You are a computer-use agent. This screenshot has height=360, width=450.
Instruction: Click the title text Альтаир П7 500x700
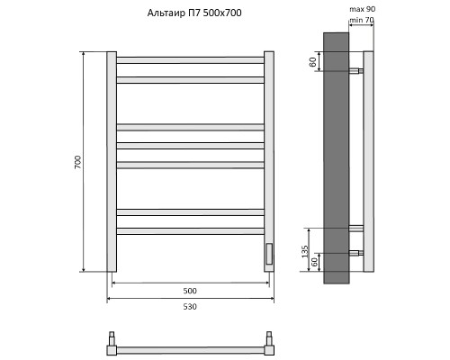[x=194, y=13]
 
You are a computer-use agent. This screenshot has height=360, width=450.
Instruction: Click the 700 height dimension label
[x=78, y=162]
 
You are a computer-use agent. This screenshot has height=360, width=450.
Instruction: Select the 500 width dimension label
[x=190, y=290]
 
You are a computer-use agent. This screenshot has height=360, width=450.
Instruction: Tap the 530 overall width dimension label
[x=190, y=307]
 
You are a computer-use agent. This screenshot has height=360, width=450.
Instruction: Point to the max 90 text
[x=362, y=9]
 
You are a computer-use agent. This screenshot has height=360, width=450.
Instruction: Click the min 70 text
[x=362, y=20]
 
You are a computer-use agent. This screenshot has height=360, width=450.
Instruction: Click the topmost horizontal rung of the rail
[x=190, y=60]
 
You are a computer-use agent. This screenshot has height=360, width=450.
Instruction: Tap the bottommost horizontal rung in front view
[x=190, y=231]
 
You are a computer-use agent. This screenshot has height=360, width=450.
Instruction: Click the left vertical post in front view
[x=112, y=162]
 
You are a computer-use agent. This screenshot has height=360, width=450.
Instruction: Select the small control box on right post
[x=267, y=254]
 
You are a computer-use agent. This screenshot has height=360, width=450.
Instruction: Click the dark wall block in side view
[x=334, y=157]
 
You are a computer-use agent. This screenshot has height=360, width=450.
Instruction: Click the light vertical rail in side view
[x=367, y=162]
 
